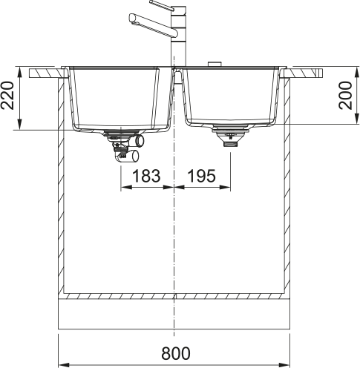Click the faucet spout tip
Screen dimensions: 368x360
(132, 17)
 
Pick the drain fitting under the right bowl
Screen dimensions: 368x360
(226, 139)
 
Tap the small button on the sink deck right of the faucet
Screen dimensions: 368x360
(215, 65)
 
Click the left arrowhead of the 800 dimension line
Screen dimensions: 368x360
(62, 364)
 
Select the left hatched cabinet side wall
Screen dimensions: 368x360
(62, 185)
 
